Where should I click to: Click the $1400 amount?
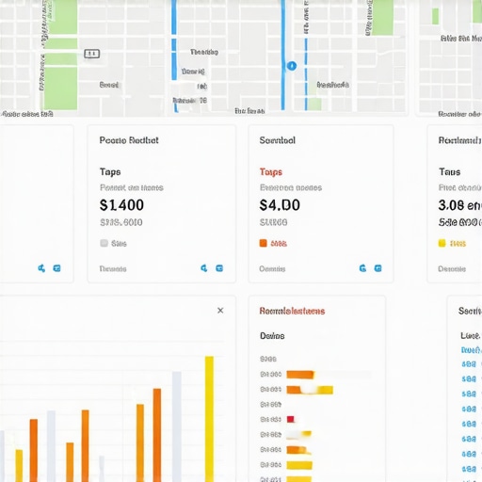(x=121, y=204)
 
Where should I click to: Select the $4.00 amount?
(x=280, y=204)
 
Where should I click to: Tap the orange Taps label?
(x=270, y=172)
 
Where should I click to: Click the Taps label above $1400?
(x=110, y=172)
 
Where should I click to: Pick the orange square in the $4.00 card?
(x=263, y=243)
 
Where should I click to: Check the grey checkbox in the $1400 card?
(x=104, y=243)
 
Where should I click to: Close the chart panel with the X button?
(x=220, y=310)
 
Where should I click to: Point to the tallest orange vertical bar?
(x=157, y=434)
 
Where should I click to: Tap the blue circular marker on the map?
(x=291, y=66)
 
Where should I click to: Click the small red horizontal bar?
(x=291, y=419)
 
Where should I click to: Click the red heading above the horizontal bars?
(x=292, y=310)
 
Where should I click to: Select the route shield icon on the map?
(x=91, y=54)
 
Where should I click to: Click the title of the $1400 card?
(x=129, y=140)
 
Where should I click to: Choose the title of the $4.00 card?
(x=277, y=140)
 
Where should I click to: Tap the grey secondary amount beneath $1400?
(x=120, y=223)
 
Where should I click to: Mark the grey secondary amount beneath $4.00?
(x=273, y=223)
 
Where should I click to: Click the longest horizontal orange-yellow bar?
(x=310, y=389)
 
